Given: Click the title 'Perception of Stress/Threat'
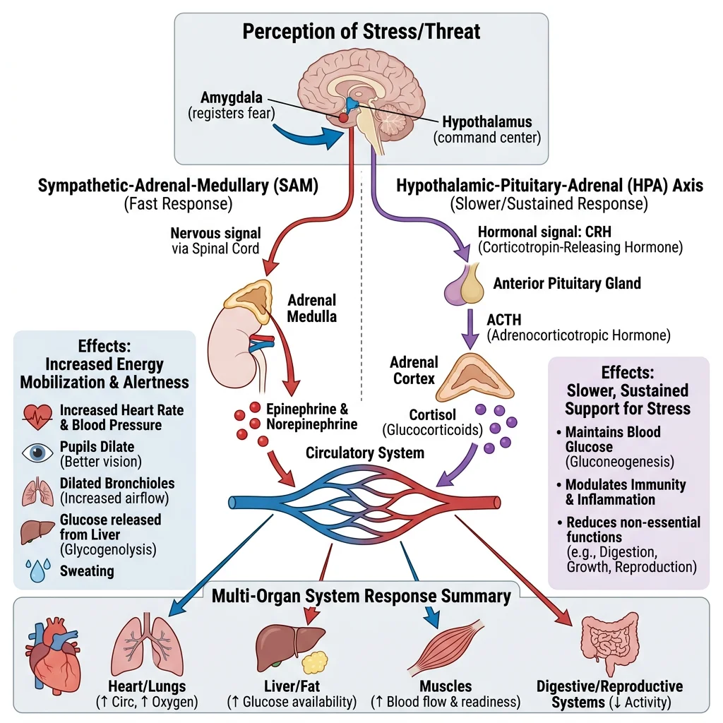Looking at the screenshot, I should pos(361,32).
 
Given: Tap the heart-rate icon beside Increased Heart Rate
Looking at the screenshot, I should pos(37,417).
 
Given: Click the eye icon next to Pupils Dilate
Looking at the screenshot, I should pos(37,453).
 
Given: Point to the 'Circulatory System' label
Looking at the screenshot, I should pos(364,453).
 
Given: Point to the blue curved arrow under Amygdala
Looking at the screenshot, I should pos(301,136).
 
